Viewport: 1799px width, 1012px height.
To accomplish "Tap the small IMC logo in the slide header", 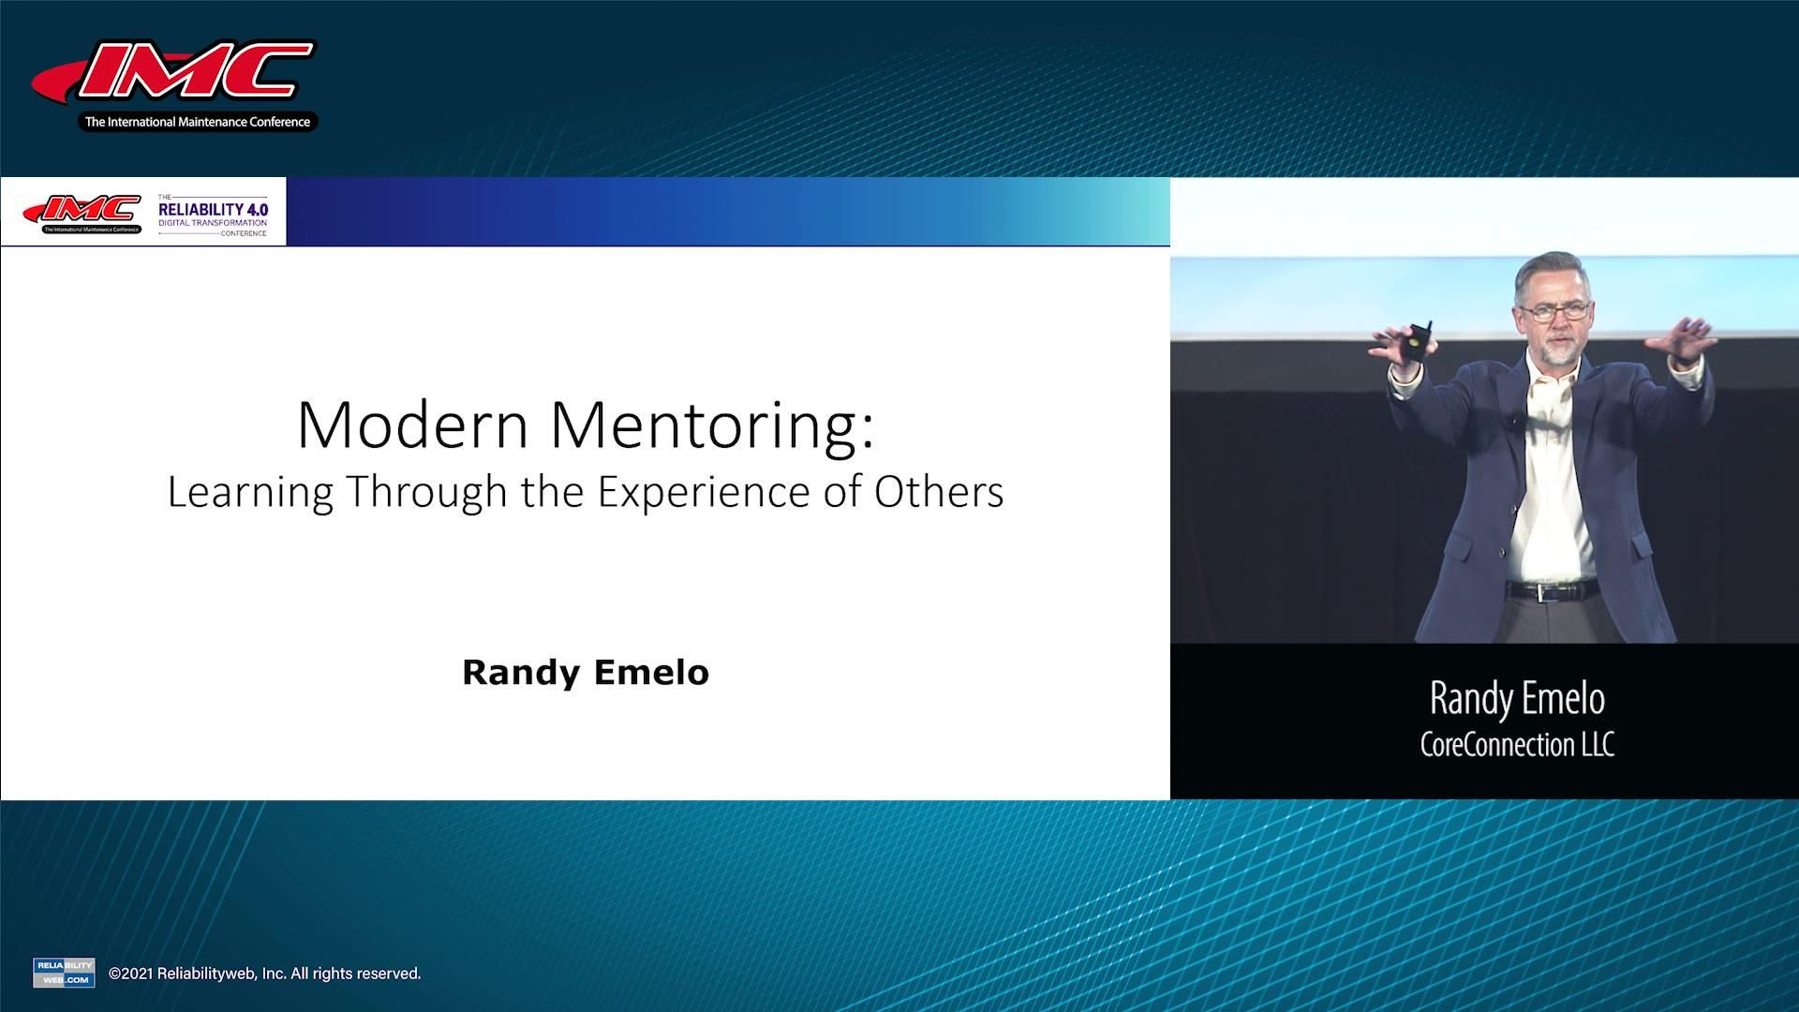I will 82,214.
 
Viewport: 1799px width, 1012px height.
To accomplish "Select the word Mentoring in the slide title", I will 711,427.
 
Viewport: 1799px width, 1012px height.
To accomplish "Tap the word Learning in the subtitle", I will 250,493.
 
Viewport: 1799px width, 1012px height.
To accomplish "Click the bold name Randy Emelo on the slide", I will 586,673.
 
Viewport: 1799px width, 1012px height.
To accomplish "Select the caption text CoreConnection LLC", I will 1517,745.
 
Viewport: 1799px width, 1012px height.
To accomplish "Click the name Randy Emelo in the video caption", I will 1517,699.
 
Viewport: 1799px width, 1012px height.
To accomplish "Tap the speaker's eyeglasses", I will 1555,311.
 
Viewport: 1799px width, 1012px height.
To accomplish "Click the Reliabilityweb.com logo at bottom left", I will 64,973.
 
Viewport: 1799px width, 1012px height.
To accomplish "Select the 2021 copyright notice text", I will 265,974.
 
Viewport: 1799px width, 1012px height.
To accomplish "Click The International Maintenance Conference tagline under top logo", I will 197,122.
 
